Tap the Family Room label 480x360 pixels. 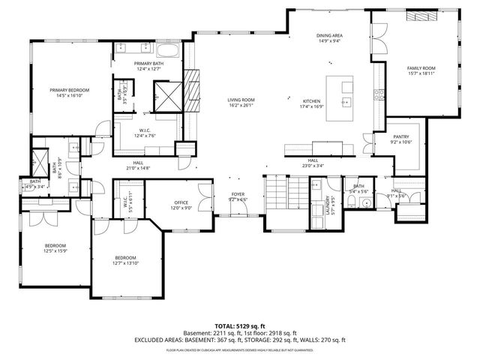click(x=421, y=68)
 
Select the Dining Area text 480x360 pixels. click(x=329, y=35)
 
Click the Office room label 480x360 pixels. click(x=181, y=202)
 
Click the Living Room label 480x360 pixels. click(x=241, y=100)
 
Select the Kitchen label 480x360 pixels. click(x=312, y=101)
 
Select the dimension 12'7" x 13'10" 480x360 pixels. click(x=126, y=262)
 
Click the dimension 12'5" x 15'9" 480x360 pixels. click(x=55, y=250)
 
